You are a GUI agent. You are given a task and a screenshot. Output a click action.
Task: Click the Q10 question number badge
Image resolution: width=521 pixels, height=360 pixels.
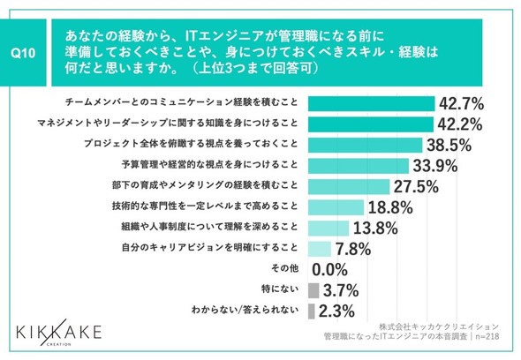(x=23, y=52)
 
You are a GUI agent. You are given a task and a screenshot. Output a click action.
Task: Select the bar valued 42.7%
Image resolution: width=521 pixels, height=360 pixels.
(x=371, y=103)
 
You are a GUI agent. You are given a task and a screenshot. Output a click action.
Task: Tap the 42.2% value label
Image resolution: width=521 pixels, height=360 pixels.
(x=459, y=124)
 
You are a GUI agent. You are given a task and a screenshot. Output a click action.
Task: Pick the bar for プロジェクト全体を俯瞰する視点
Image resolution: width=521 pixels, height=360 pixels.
(x=366, y=145)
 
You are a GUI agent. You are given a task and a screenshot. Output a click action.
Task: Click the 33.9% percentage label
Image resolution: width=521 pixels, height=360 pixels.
(x=435, y=166)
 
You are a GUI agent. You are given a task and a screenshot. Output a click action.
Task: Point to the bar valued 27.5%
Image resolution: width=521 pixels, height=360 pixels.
(x=349, y=187)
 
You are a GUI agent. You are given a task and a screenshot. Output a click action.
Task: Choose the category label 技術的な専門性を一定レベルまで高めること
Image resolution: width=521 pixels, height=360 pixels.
(x=205, y=206)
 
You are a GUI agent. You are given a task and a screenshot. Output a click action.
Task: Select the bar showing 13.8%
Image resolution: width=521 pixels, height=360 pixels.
(x=328, y=229)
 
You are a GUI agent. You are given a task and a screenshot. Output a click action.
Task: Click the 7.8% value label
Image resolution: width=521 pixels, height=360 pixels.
(x=353, y=249)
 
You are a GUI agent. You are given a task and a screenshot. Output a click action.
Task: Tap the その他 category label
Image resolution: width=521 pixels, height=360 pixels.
(x=284, y=268)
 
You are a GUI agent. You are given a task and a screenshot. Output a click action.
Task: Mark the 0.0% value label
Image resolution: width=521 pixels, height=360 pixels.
(x=330, y=270)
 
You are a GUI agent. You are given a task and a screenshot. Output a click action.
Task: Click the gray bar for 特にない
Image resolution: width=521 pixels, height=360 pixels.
(x=313, y=290)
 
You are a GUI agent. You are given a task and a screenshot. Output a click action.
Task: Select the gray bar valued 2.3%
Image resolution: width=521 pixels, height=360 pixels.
(x=312, y=311)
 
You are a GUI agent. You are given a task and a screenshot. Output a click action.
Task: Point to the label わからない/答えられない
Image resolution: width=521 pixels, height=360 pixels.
(x=245, y=310)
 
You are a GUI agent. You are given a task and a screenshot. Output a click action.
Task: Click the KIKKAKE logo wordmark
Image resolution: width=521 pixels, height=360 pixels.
(x=59, y=332)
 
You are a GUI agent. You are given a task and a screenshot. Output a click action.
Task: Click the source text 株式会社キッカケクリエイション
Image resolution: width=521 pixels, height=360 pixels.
(x=439, y=326)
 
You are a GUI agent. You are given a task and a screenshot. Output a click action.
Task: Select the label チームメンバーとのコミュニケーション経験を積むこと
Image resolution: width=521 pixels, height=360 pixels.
(x=181, y=102)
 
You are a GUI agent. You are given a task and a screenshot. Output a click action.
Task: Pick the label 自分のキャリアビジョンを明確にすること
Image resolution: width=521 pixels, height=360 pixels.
(x=209, y=248)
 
